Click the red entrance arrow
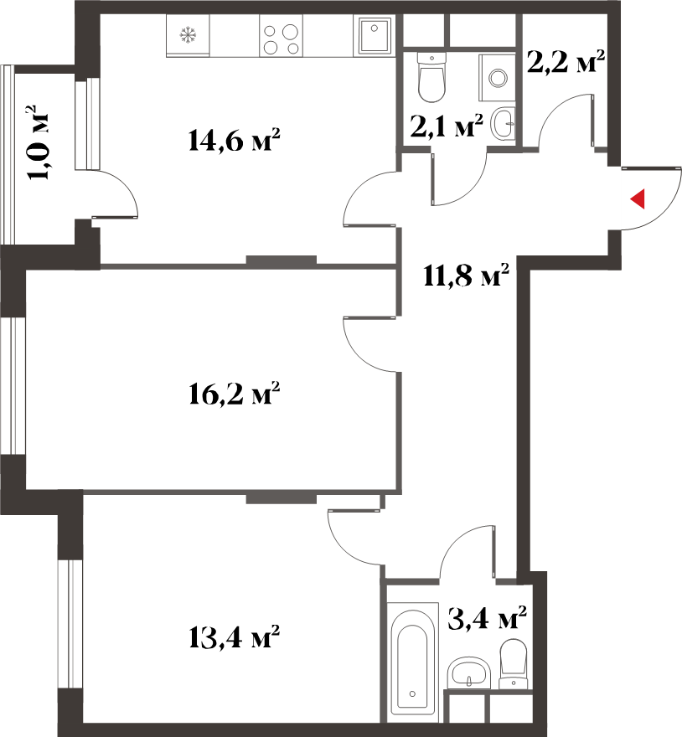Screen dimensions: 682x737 tap(638, 198)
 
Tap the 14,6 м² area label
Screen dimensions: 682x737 tap(234, 140)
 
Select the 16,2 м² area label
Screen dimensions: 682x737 tap(234, 394)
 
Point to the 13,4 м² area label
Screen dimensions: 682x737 tap(234, 636)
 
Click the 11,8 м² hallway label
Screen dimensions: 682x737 tap(466, 275)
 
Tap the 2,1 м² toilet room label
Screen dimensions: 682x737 tap(447, 126)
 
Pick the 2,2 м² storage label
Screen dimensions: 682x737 tap(565, 61)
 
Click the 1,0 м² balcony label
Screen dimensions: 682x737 tap(38, 143)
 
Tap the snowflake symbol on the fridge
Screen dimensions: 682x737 tap(189, 35)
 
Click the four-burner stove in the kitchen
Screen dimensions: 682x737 tap(281, 36)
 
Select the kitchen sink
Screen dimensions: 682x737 tap(375, 36)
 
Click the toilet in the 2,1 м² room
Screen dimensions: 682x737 tap(431, 77)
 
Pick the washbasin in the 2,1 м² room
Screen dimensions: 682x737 tap(503, 123)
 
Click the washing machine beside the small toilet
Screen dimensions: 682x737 tap(497, 78)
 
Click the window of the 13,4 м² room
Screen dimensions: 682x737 tap(70, 624)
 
